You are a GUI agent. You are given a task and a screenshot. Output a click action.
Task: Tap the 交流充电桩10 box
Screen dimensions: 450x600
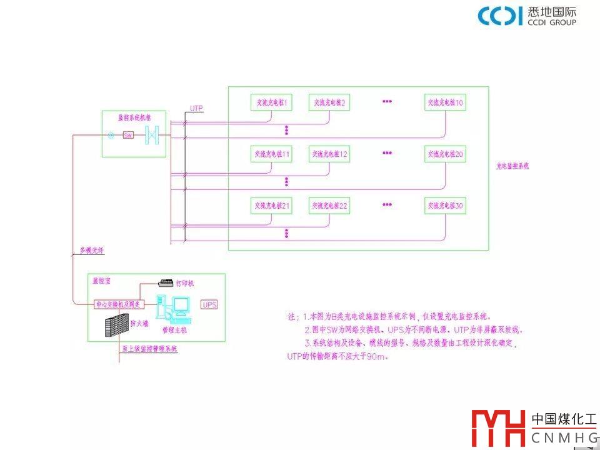point(445,102)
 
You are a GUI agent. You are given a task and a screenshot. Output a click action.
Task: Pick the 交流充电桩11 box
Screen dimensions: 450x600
point(271,154)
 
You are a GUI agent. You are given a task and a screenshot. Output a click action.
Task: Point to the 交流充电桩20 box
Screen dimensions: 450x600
point(445,154)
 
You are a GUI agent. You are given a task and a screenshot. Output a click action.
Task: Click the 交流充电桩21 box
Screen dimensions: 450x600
point(271,205)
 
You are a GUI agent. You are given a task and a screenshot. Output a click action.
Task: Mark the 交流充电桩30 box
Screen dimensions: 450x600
point(445,205)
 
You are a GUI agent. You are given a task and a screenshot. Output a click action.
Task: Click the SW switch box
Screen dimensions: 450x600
point(128,135)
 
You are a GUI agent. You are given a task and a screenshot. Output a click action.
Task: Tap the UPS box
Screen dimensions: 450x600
point(209,305)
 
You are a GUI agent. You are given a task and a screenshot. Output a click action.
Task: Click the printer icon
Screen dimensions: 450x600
point(167,282)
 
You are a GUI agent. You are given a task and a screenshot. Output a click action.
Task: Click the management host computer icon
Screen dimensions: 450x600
point(174,307)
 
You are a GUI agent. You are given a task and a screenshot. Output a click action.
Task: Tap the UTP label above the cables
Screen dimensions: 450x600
point(196,109)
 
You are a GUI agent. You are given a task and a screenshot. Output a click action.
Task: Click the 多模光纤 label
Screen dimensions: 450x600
point(91,251)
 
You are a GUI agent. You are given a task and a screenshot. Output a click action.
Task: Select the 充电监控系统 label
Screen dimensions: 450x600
point(512,167)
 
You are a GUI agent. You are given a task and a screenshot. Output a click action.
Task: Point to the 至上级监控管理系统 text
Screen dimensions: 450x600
point(150,349)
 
